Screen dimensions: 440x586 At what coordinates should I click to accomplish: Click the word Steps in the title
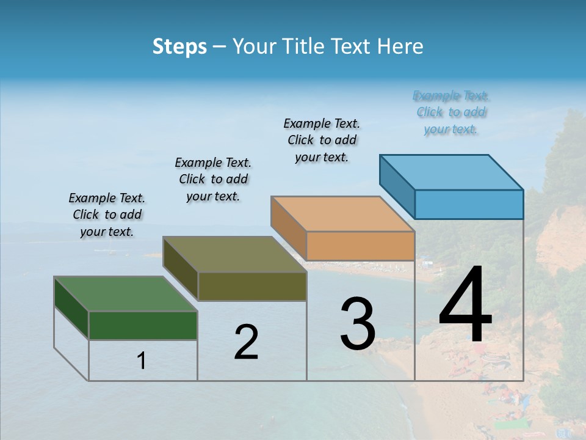[x=179, y=46]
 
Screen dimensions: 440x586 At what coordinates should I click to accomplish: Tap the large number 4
[x=465, y=306]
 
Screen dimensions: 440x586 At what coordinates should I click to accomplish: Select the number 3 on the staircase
[x=358, y=324]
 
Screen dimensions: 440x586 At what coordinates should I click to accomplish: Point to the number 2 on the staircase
[x=246, y=343]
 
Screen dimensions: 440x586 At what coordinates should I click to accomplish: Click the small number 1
[x=142, y=361]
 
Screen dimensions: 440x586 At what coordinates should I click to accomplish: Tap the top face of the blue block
[x=452, y=172]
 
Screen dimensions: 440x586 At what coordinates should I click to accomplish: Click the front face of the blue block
[x=469, y=204]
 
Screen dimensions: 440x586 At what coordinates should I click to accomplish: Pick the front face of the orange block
[x=360, y=246]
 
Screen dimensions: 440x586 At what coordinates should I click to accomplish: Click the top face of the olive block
[x=234, y=254]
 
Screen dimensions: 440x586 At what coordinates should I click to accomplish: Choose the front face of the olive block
[x=252, y=286]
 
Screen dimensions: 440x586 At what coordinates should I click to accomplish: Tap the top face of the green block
[x=126, y=294]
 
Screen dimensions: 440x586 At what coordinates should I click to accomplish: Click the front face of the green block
[x=143, y=325]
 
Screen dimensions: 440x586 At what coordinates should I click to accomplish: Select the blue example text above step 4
[x=450, y=112]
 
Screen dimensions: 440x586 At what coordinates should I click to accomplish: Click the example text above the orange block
[x=322, y=140]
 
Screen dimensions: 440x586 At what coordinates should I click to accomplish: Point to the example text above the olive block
[x=213, y=179]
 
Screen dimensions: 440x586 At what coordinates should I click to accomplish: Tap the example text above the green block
[x=107, y=215]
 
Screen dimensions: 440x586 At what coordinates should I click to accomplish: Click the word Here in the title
[x=401, y=46]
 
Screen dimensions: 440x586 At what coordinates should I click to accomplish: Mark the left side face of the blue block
[x=397, y=186]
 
